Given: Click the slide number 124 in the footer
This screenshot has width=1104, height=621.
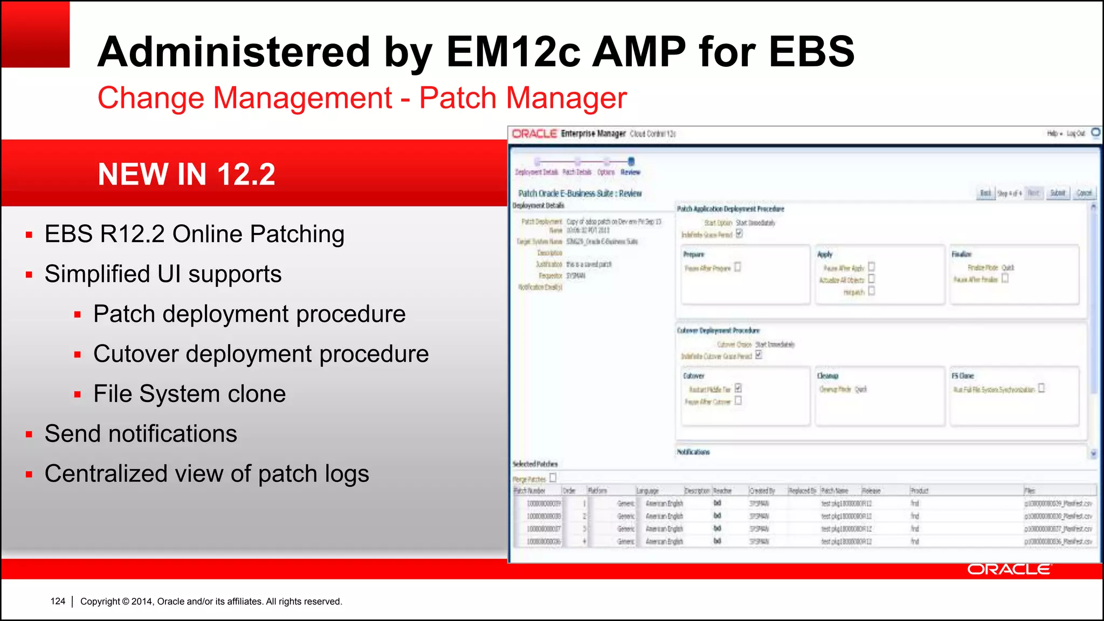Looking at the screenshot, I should pos(58,601).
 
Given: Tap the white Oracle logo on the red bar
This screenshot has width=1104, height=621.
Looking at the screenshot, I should pos(1008,569).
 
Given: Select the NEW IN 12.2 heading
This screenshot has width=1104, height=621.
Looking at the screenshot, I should pos(187,174).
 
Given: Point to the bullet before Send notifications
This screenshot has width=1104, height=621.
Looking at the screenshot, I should pos(29,434).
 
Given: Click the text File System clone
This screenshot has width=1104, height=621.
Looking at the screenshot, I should pos(189,394).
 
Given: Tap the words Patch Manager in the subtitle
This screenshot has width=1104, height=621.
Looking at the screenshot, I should pos(523,98).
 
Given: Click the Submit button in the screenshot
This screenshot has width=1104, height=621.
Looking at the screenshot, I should pos(1058,193).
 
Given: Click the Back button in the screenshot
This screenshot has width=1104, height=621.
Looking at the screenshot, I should pos(985,193).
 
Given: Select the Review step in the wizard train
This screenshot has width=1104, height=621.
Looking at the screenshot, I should pos(631,172).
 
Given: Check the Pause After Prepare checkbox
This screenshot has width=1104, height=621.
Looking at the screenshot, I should pos(737,267).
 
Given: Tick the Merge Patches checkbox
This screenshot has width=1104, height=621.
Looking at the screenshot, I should pos(553,478).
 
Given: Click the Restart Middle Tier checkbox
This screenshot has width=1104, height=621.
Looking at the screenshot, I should pos(738,388).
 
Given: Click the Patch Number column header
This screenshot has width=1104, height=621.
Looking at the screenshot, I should pos(530,491).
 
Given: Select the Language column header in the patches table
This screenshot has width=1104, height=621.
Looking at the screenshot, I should pos(647,491).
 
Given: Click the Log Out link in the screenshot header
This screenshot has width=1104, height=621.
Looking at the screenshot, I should pos(1075,133).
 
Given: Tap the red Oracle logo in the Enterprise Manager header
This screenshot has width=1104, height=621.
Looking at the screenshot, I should pos(534,133).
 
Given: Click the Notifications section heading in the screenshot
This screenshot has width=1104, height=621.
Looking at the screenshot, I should pos(693,452).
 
